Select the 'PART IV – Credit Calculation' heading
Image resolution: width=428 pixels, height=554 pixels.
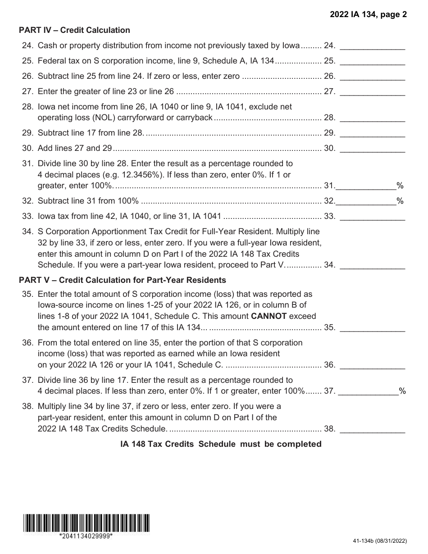tap(74, 30)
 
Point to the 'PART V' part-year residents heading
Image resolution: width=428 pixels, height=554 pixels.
tap(122, 280)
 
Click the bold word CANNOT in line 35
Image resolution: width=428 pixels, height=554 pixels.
tap(269, 316)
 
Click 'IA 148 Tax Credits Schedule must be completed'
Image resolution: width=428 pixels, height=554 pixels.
tap(221, 444)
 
